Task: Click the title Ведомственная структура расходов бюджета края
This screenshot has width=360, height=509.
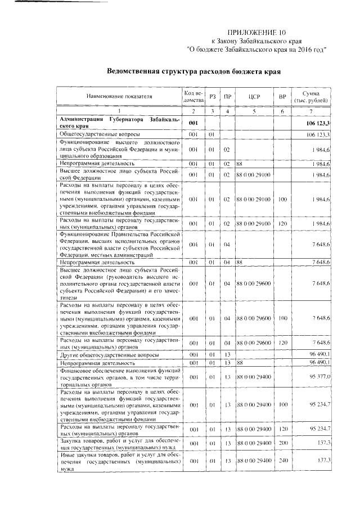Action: pos(193,71)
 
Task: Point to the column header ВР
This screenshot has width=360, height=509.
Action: pos(283,96)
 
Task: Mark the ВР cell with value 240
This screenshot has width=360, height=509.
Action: pos(283,461)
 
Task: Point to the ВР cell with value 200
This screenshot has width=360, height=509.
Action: pos(283,444)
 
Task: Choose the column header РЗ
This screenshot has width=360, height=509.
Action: pos(212,96)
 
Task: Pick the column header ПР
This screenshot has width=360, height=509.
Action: pos(227,96)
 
